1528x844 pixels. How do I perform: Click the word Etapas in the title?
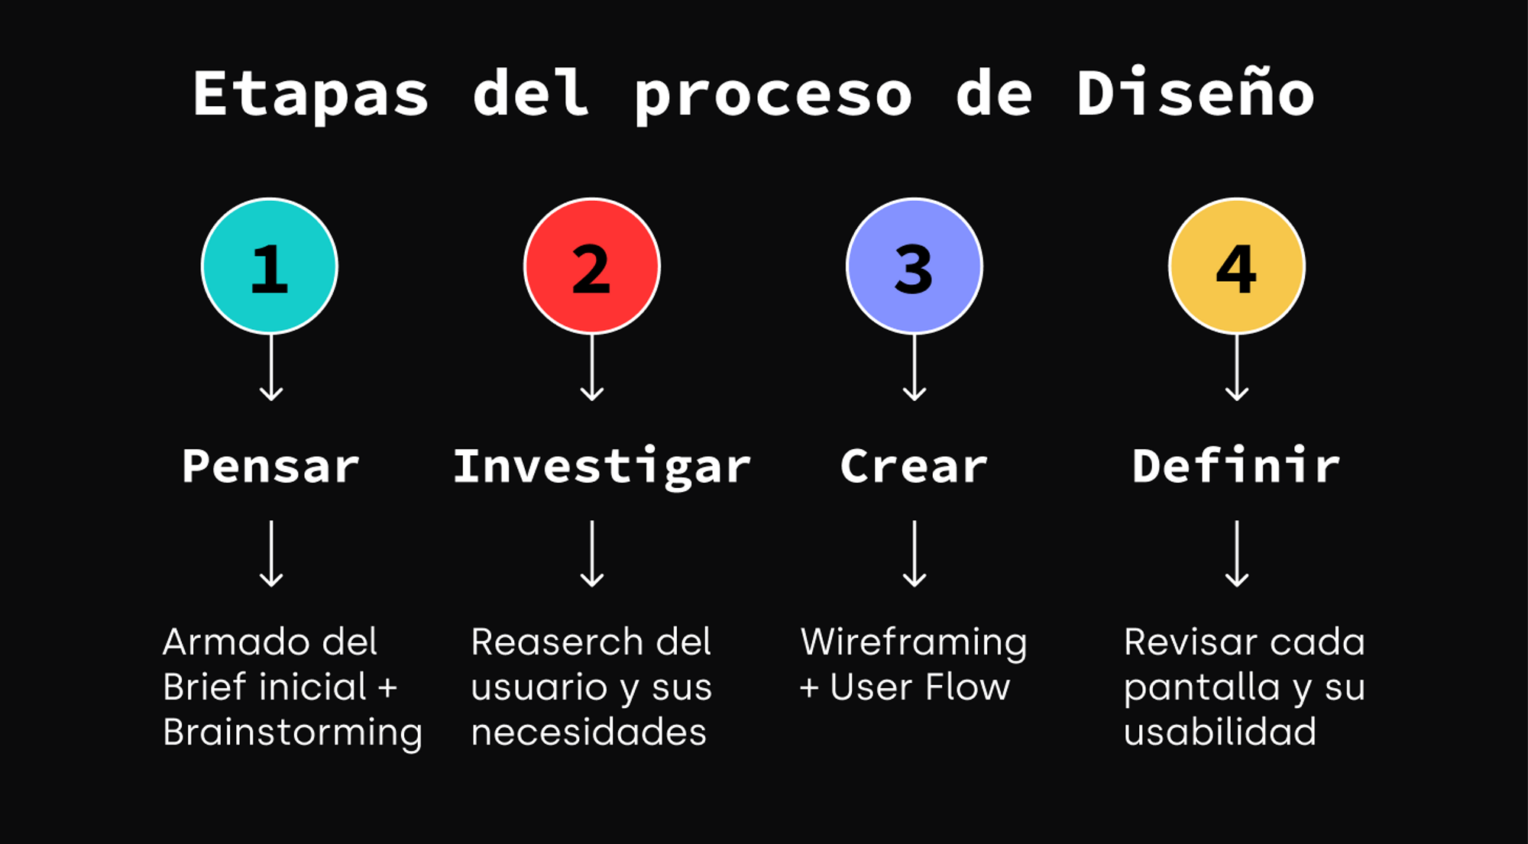[310, 94]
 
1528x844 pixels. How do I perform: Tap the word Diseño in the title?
[1195, 94]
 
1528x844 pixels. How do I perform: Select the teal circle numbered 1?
[270, 267]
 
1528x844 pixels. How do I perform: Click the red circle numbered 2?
[592, 267]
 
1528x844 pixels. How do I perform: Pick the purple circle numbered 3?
[915, 267]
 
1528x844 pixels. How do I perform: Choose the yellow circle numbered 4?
[1237, 267]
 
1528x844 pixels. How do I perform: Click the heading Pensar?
[270, 466]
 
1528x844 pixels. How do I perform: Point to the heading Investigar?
[602, 466]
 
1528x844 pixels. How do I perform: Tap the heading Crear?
[914, 466]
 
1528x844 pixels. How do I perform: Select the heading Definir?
[1236, 466]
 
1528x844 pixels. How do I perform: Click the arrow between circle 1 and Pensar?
[271, 368]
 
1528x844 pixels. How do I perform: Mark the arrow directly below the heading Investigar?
[592, 555]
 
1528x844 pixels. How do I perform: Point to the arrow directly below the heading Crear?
[915, 555]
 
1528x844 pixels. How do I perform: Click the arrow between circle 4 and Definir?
[1237, 368]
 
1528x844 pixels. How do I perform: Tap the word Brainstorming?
[293, 733]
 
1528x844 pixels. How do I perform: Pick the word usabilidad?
[1220, 732]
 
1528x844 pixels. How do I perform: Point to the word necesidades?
[588, 732]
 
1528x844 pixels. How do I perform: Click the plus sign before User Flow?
[810, 688]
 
